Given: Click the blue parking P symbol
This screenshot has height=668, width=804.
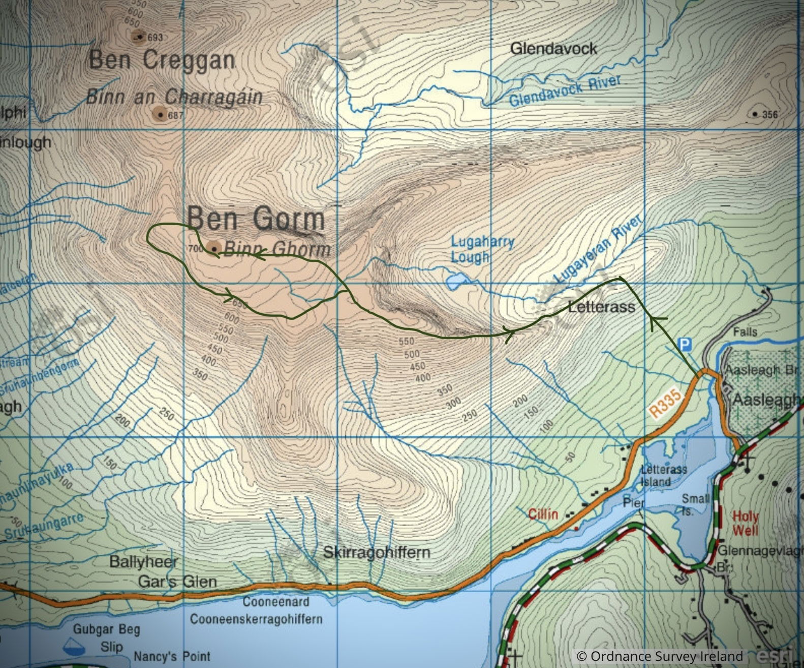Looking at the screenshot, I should click(x=686, y=345).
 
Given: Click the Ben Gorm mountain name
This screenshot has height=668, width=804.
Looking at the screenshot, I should click(x=256, y=219).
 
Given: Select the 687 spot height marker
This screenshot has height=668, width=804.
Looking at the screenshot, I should click(x=161, y=115).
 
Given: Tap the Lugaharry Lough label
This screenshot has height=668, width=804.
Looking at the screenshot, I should click(x=482, y=249).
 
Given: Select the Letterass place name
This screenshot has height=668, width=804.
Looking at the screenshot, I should click(x=601, y=307).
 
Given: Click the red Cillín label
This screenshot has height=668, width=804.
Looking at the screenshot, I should click(x=543, y=514).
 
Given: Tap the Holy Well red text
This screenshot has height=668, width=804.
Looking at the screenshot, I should click(x=745, y=524).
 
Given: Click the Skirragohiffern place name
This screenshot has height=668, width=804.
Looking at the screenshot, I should click(x=377, y=552).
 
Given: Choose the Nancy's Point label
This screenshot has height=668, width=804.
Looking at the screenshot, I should click(x=172, y=656).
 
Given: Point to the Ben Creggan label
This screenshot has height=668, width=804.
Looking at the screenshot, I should click(x=162, y=60).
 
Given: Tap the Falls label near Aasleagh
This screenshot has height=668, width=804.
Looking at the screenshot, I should click(x=745, y=332).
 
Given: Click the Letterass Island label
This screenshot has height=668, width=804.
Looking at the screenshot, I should click(x=664, y=475).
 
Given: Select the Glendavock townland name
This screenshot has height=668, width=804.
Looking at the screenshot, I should click(x=553, y=49).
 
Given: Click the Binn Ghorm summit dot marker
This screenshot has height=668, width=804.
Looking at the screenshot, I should click(x=214, y=249).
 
